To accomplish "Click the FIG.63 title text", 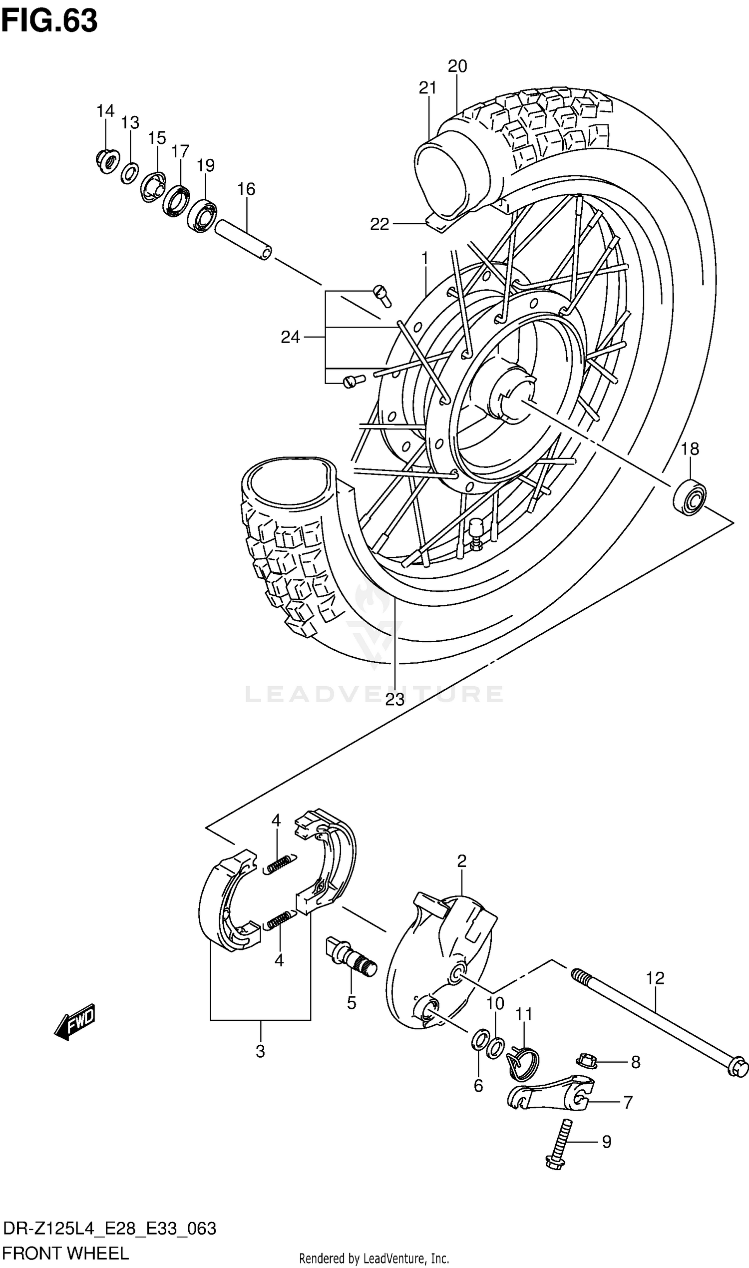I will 49,21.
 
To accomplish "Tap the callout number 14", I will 105,111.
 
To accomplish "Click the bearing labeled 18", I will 690,498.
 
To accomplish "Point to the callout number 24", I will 290,337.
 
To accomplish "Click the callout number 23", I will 394,700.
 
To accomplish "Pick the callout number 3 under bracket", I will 260,1051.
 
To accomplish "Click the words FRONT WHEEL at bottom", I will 65,1253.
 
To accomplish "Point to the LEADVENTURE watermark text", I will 374,694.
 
